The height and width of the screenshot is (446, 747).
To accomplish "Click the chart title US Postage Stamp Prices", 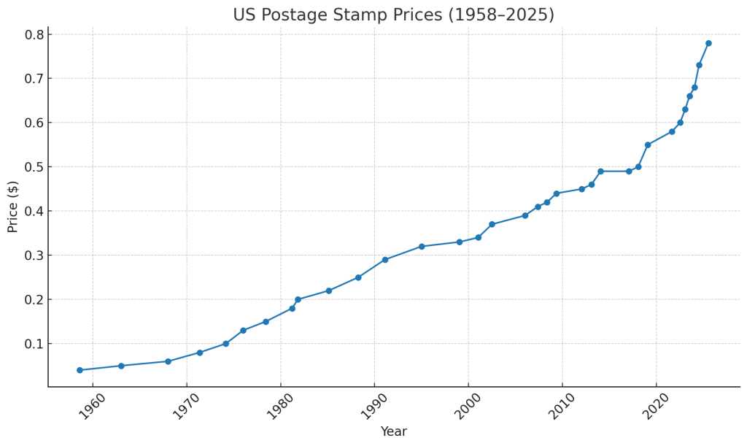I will [x=393, y=15].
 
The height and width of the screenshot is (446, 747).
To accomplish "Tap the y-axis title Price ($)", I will [x=13, y=207].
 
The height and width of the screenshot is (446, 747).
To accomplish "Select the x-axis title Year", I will [x=393, y=431].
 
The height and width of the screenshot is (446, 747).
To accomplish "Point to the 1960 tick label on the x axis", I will [x=91, y=407].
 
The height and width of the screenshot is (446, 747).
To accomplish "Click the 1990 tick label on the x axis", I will [x=373, y=407].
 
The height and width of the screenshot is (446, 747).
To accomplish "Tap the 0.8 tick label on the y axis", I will [x=35, y=35].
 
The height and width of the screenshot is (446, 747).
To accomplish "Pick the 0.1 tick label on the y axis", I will [x=35, y=344].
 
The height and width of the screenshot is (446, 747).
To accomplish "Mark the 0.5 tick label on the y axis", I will [x=35, y=167].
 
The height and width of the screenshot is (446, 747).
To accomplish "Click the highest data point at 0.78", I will [x=708, y=43].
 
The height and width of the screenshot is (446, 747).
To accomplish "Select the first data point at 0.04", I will [x=80, y=370].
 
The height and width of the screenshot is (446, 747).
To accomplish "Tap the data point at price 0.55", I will [x=648, y=145].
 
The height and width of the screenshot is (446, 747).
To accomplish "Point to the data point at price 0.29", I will [x=385, y=260].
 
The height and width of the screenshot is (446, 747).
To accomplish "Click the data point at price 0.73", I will [x=699, y=65].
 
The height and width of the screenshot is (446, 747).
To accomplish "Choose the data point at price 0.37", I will [x=492, y=224].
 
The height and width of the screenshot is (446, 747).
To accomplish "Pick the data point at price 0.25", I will [x=358, y=277].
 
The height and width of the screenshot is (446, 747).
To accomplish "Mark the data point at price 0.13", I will [x=243, y=331].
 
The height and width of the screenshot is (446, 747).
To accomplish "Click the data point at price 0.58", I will [x=672, y=131].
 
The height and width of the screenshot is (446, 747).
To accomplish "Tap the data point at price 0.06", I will [x=168, y=361].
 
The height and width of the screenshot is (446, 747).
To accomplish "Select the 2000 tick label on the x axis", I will [x=467, y=407].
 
